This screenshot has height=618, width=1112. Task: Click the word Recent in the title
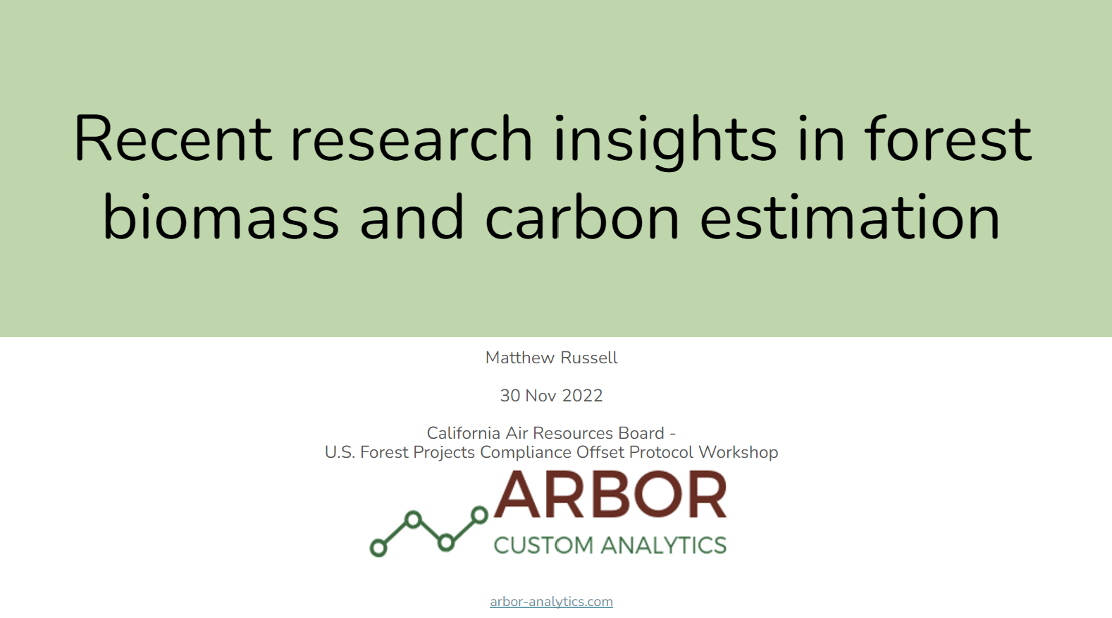pos(173,138)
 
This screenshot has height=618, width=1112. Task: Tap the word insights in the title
pos(666,143)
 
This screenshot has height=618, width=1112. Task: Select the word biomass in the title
pos(221,217)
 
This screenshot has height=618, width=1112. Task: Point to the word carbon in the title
pos(581,217)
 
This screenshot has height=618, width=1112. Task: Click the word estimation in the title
pos(849,217)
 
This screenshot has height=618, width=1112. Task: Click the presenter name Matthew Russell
pos(551,358)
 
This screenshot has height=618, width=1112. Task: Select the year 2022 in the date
pos(582,396)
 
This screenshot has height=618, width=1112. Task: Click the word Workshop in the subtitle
pos(739,452)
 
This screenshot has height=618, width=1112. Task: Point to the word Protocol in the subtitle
pos(661,452)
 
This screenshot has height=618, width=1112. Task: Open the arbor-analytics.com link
pos(551,602)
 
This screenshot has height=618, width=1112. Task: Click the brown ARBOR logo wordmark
pos(610,495)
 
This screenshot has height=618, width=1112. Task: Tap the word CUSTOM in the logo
pos(543,545)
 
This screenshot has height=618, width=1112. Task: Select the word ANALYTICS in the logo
pos(665,545)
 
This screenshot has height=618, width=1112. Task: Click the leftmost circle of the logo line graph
pos(378,548)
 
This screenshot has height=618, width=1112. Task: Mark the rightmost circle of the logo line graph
pos(480,515)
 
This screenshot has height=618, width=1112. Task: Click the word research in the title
pos(411,138)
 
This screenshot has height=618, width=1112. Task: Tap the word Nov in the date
pos(540,396)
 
